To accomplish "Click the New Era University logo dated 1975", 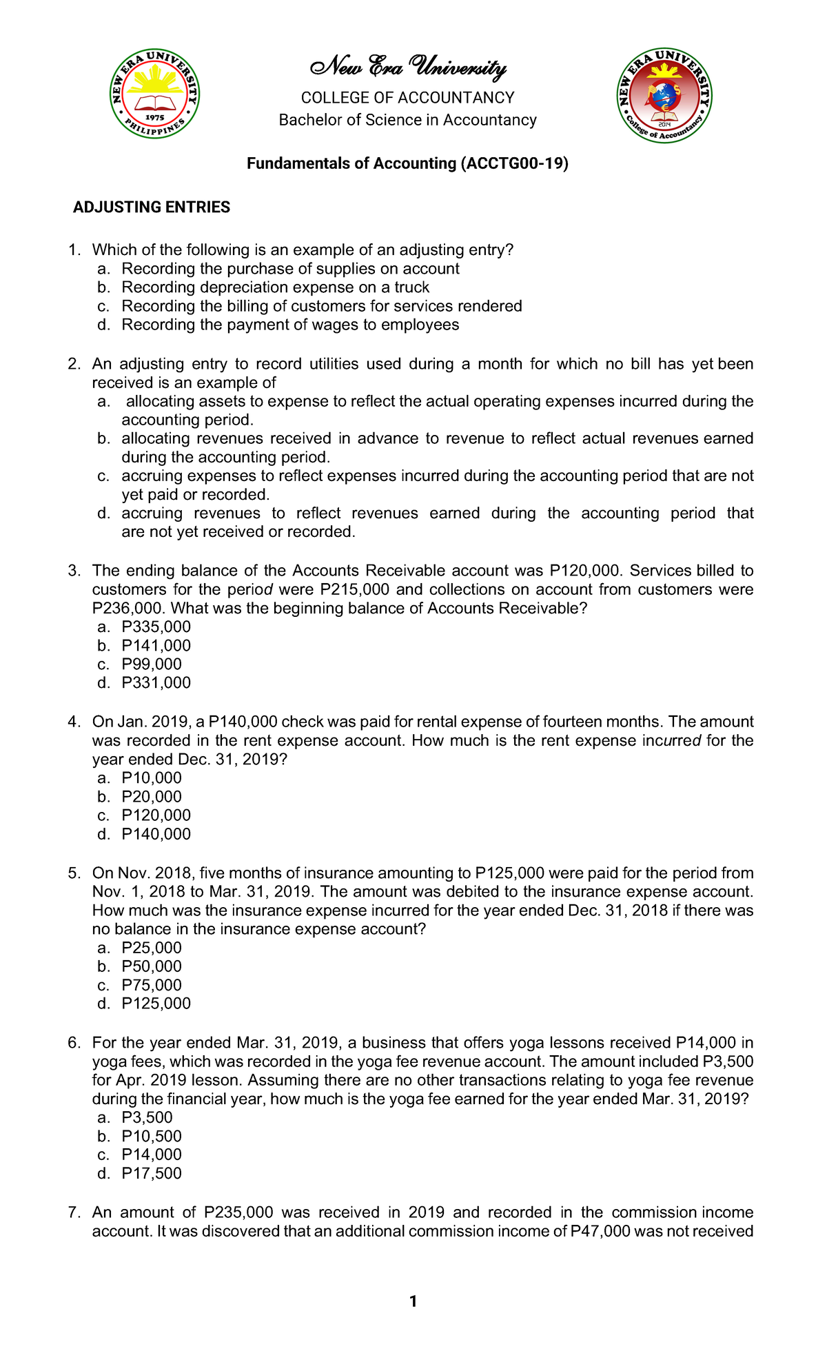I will point(155,94).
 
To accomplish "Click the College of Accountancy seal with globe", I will point(664,96).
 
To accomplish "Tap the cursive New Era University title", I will point(408,67).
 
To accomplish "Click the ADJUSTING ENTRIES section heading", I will point(152,207).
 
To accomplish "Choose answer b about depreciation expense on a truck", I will point(275,287).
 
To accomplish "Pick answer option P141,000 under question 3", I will point(156,646).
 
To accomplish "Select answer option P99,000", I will point(152,664).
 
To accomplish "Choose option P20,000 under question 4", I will point(152,797).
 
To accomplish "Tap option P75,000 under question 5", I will point(152,986).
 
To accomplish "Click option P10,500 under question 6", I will point(152,1137).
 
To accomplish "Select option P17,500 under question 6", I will point(152,1174).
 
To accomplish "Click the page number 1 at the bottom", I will point(413,1301).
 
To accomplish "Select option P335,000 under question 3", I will point(156,627).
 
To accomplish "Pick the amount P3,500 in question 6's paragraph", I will point(727,1061).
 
